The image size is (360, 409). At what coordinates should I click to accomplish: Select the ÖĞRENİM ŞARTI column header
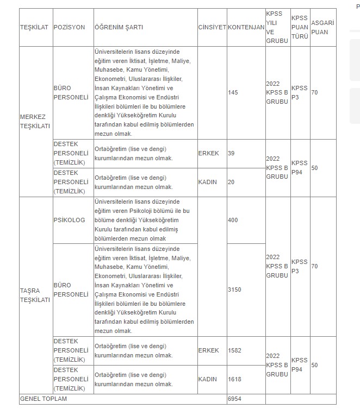click(119, 27)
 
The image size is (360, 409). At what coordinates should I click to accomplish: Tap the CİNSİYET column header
click(212, 27)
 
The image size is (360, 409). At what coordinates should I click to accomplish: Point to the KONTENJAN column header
click(245, 27)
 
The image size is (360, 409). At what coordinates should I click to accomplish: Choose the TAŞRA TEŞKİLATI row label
click(35, 295)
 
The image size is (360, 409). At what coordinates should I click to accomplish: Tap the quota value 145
click(233, 93)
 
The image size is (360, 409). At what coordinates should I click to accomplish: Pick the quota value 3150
click(234, 290)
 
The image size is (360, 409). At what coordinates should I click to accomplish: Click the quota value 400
click(233, 221)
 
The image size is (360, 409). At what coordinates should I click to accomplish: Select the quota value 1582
click(234, 351)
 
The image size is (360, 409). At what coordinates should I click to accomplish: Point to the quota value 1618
click(234, 379)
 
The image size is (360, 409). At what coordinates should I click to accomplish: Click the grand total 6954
click(234, 399)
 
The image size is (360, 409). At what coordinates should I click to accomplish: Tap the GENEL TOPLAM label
click(43, 399)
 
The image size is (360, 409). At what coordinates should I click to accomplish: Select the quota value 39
click(231, 154)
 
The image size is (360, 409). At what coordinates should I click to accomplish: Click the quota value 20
click(231, 182)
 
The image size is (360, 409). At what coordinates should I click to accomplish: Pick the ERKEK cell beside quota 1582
click(208, 351)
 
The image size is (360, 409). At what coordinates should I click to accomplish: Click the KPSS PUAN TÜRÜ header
click(300, 27)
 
